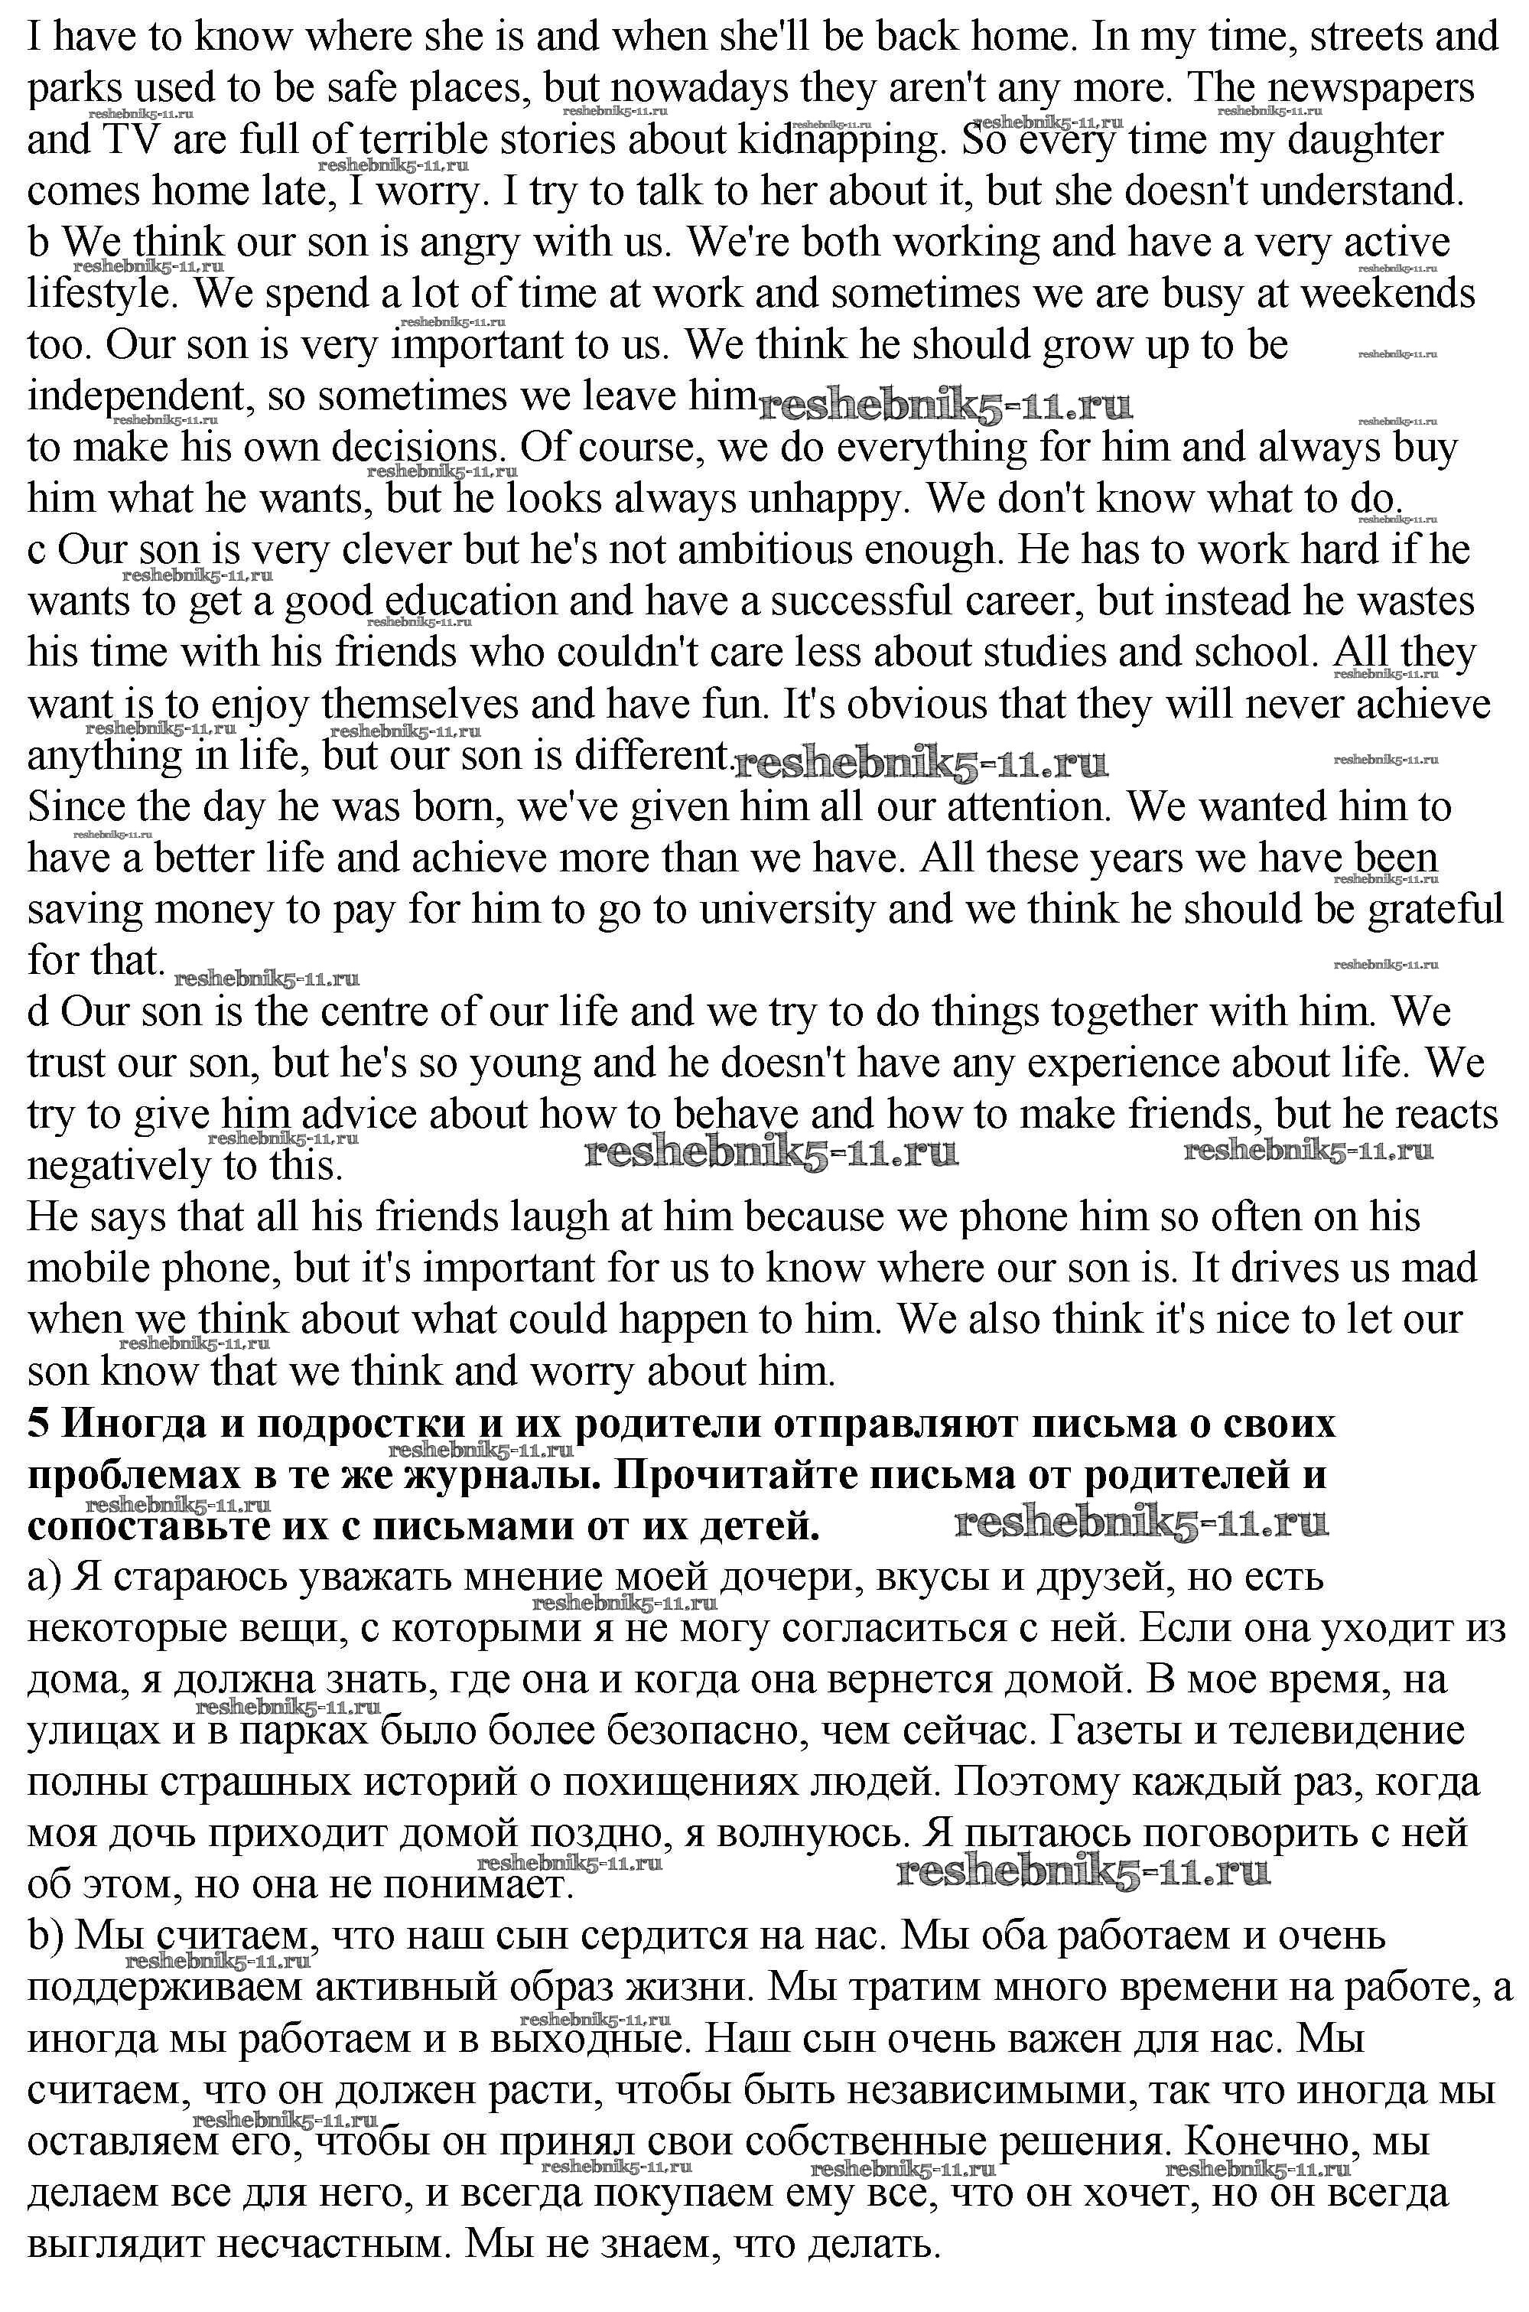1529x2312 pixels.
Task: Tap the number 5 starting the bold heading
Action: [38, 1424]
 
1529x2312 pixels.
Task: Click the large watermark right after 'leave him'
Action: [944, 405]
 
